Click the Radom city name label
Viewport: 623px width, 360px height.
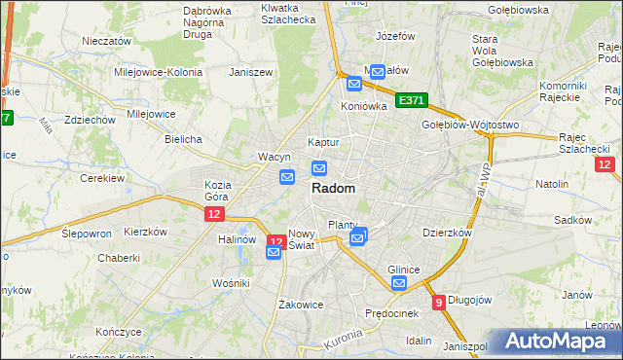click(x=333, y=189)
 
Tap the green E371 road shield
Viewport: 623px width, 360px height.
click(x=412, y=101)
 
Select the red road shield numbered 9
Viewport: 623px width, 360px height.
click(x=439, y=302)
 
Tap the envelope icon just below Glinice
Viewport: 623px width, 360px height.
click(x=399, y=284)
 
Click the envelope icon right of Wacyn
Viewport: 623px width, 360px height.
click(x=287, y=177)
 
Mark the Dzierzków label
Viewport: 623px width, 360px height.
click(x=447, y=234)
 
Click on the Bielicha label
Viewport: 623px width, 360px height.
click(x=183, y=139)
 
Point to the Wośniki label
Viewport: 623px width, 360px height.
click(x=232, y=282)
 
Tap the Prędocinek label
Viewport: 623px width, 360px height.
click(x=390, y=313)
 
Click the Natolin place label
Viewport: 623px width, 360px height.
click(x=551, y=183)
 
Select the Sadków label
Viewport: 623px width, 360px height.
click(x=572, y=220)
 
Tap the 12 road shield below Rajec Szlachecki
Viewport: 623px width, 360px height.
click(x=605, y=164)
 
